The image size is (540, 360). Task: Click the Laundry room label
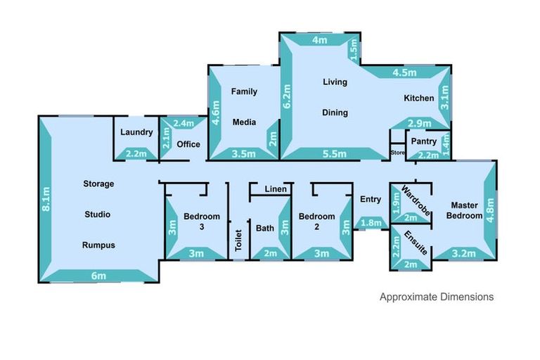(x=136, y=132)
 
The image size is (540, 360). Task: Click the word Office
(x=188, y=144)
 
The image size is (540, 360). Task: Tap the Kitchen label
(x=418, y=98)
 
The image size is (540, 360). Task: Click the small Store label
(x=398, y=152)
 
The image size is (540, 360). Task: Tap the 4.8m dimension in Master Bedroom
(x=490, y=208)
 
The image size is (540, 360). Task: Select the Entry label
(x=371, y=200)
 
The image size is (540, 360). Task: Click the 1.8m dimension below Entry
(x=371, y=224)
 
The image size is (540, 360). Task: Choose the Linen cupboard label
(x=275, y=189)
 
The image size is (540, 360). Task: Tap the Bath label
(x=265, y=228)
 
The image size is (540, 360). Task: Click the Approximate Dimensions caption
(x=436, y=297)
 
